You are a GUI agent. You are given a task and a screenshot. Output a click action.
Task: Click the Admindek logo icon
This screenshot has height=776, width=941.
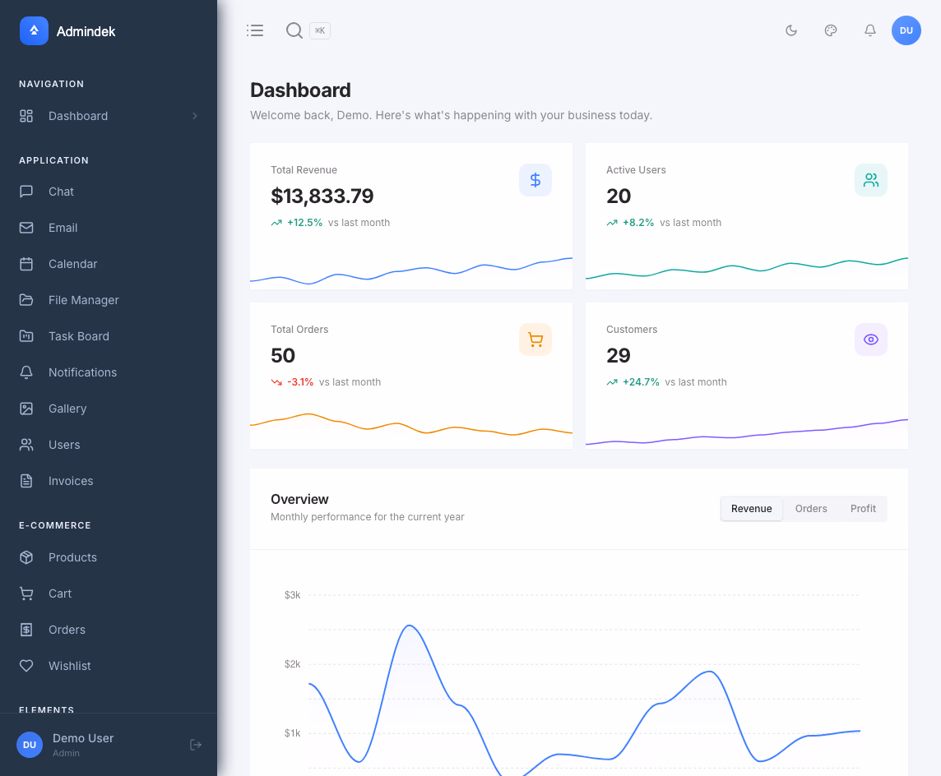click(x=34, y=31)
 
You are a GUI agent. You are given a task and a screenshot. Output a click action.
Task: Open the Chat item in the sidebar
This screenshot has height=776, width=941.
click(x=61, y=192)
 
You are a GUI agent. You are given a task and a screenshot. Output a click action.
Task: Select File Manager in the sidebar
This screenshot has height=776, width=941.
click(x=83, y=300)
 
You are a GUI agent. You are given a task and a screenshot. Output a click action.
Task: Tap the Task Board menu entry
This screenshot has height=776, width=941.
click(x=78, y=336)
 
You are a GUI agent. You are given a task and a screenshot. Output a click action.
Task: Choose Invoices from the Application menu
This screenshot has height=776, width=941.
click(x=71, y=481)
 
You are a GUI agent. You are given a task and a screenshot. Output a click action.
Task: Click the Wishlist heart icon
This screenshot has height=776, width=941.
click(x=26, y=666)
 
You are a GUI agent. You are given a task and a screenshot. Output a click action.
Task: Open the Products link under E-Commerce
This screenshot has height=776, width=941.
click(x=72, y=557)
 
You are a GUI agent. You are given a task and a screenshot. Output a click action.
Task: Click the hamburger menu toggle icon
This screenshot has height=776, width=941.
click(x=255, y=30)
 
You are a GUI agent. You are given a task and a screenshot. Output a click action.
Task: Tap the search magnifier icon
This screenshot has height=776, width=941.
click(x=294, y=30)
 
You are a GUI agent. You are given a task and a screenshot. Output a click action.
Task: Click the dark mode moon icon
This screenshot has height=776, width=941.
click(x=791, y=30)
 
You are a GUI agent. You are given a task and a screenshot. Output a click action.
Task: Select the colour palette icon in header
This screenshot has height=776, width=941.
click(x=831, y=30)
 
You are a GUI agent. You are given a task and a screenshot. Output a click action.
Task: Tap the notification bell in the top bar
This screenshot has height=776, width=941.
click(x=869, y=30)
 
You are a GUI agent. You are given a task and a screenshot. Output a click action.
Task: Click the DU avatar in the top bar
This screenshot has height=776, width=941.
click(x=906, y=30)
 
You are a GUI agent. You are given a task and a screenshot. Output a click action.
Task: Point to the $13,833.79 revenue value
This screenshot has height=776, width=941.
click(x=322, y=196)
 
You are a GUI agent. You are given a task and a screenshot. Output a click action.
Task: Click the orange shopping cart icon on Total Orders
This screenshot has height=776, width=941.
click(x=535, y=339)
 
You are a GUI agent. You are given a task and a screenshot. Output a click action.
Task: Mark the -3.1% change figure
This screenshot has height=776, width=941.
click(x=300, y=382)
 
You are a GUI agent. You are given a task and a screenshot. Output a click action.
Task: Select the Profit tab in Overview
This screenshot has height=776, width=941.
click(x=863, y=509)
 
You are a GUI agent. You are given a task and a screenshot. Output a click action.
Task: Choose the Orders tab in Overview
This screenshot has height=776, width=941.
click(x=811, y=509)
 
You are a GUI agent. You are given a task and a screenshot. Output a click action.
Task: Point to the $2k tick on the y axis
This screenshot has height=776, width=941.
click(x=292, y=664)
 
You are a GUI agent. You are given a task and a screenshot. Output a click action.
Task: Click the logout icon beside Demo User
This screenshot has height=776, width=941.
click(x=196, y=745)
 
